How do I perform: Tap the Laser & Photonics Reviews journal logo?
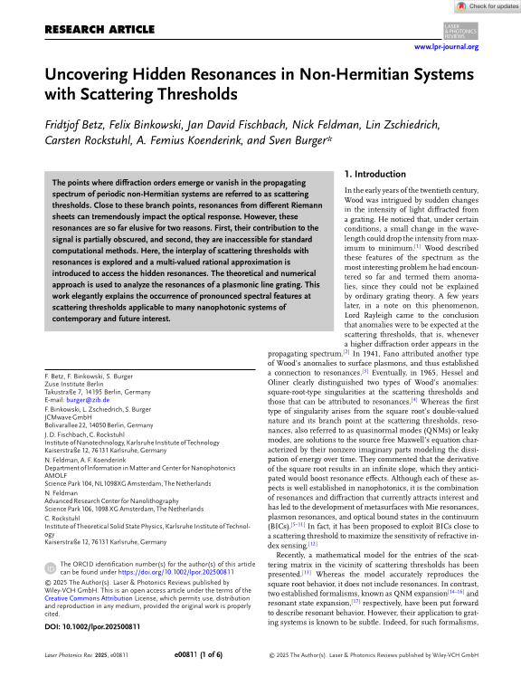[463, 30]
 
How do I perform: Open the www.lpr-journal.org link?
[446, 46]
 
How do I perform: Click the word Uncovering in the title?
[94, 75]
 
